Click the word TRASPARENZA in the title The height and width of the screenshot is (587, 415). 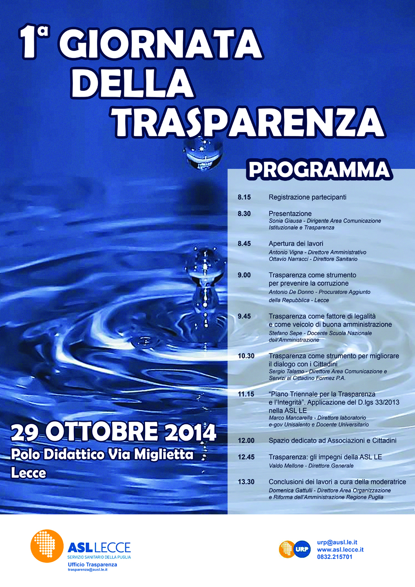pos(249,122)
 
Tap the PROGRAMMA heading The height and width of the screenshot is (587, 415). pos(319,170)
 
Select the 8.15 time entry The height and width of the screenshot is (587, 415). pos(244,197)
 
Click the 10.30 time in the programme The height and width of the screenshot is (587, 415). pos(246,356)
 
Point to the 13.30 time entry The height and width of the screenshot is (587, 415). pos(246,482)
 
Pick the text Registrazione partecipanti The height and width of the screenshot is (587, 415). pos(307,197)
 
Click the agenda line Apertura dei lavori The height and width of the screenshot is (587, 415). pos(296,243)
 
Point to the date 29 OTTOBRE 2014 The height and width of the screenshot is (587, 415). pos(113,432)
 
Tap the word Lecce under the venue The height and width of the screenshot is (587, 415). pos(29,473)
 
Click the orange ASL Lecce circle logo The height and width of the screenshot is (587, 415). pos(47,546)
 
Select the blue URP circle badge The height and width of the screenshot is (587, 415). pos(302,549)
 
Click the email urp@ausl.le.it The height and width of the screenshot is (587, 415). pos(337,542)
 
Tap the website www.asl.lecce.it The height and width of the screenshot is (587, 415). pos(340,549)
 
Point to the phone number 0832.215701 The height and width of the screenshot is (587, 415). pos(335,557)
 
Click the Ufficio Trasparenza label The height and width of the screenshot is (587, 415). pos(93,565)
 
